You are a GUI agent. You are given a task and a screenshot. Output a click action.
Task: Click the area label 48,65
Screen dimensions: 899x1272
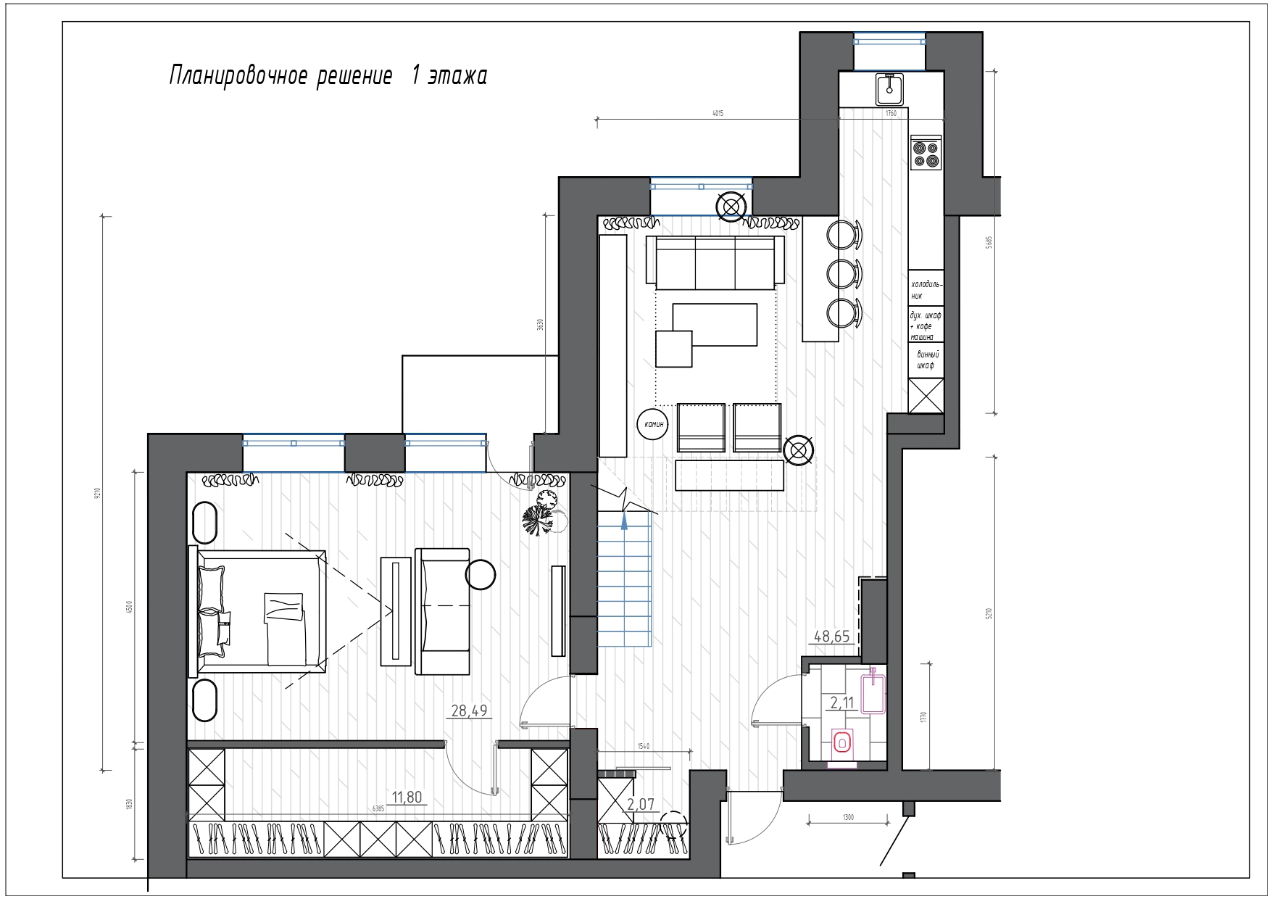pyautogui.click(x=831, y=637)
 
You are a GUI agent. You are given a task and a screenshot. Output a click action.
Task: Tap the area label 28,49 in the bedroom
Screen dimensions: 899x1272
pyautogui.click(x=470, y=710)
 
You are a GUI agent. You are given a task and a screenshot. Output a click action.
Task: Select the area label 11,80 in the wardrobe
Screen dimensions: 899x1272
pyautogui.click(x=407, y=797)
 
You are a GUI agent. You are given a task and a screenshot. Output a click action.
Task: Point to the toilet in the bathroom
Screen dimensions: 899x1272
pyautogui.click(x=842, y=742)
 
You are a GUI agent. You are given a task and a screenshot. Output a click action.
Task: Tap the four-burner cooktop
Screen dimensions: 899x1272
pyautogui.click(x=926, y=153)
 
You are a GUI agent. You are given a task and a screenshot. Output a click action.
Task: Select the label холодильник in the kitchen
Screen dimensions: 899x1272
pyautogui.click(x=926, y=289)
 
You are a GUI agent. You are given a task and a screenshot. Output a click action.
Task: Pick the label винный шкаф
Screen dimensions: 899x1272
pyautogui.click(x=927, y=360)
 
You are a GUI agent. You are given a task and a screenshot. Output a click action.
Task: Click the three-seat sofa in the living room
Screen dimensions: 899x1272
pyautogui.click(x=715, y=262)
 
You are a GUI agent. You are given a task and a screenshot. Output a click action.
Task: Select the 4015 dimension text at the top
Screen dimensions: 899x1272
pyautogui.click(x=718, y=113)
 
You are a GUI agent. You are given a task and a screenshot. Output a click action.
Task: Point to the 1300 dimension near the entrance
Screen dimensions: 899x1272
pyautogui.click(x=848, y=817)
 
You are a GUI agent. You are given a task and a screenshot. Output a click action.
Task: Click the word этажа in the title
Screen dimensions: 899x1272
pyautogui.click(x=457, y=75)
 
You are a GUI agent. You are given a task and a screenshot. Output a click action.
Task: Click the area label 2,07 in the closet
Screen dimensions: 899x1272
pyautogui.click(x=640, y=803)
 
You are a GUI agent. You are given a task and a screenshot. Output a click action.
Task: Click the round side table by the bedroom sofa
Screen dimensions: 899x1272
pyautogui.click(x=480, y=574)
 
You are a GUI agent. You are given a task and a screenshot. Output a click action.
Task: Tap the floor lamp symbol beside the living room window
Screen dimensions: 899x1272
pyautogui.click(x=731, y=207)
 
